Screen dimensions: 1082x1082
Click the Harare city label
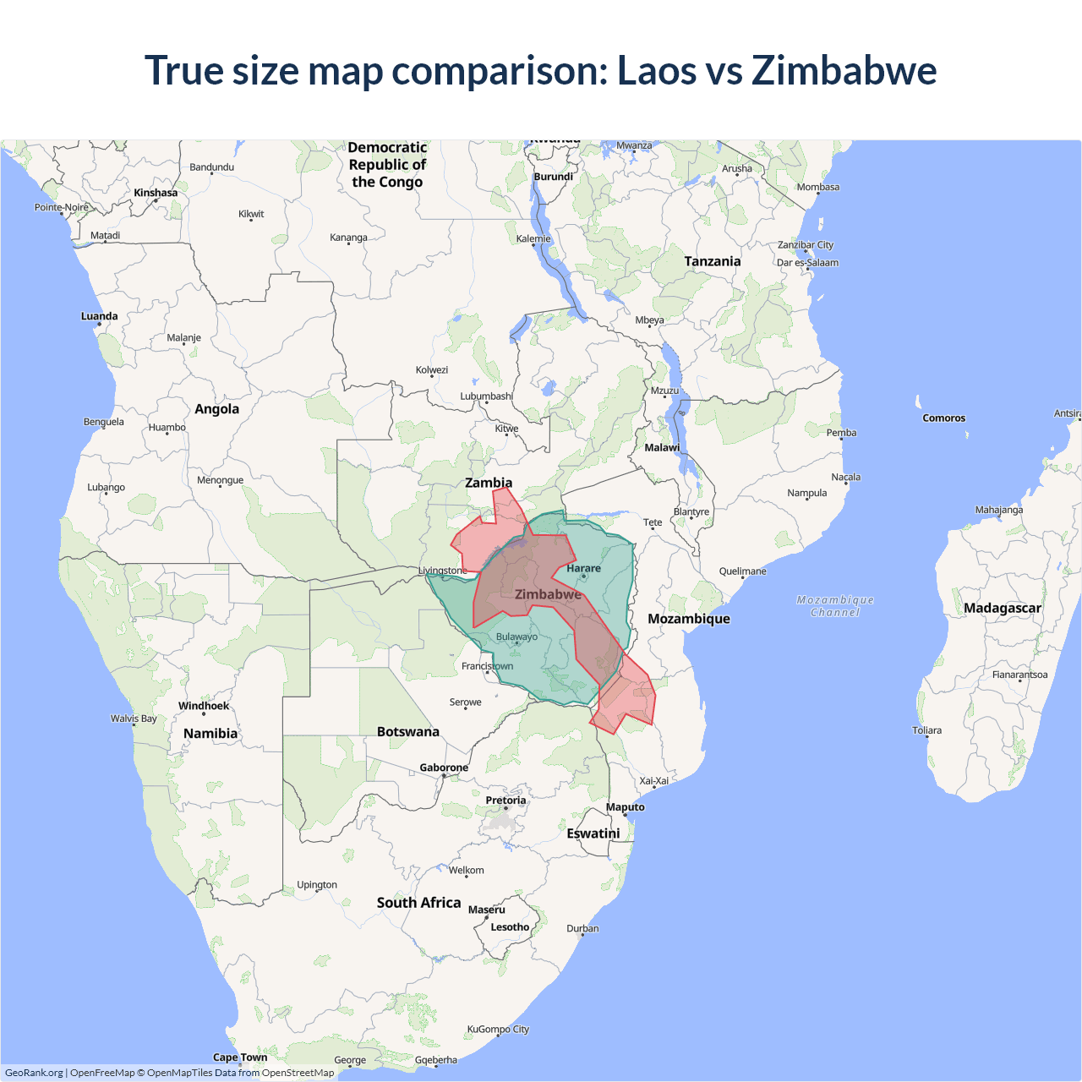(x=583, y=568)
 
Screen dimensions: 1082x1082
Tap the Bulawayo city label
(x=516, y=637)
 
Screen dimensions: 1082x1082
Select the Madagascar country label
(x=1002, y=608)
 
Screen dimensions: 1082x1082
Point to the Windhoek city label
(x=203, y=706)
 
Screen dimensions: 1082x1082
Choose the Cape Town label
(x=240, y=1057)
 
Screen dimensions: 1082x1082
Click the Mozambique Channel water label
(x=835, y=606)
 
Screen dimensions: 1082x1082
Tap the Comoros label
(x=943, y=418)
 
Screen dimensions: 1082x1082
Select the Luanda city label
(x=99, y=316)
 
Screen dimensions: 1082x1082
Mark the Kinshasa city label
(x=156, y=193)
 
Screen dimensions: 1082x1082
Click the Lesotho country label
(x=510, y=926)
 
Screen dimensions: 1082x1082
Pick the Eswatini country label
(x=593, y=833)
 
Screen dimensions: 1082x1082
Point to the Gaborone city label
(x=444, y=768)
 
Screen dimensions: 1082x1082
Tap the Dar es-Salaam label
(x=807, y=262)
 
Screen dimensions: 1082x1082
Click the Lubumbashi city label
(x=486, y=396)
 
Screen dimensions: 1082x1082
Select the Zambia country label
(x=489, y=483)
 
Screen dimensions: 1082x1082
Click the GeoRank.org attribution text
(x=34, y=1073)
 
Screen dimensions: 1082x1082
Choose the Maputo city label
(x=625, y=806)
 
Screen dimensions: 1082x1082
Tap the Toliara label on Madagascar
(x=926, y=730)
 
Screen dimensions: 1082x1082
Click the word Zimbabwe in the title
(x=844, y=70)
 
